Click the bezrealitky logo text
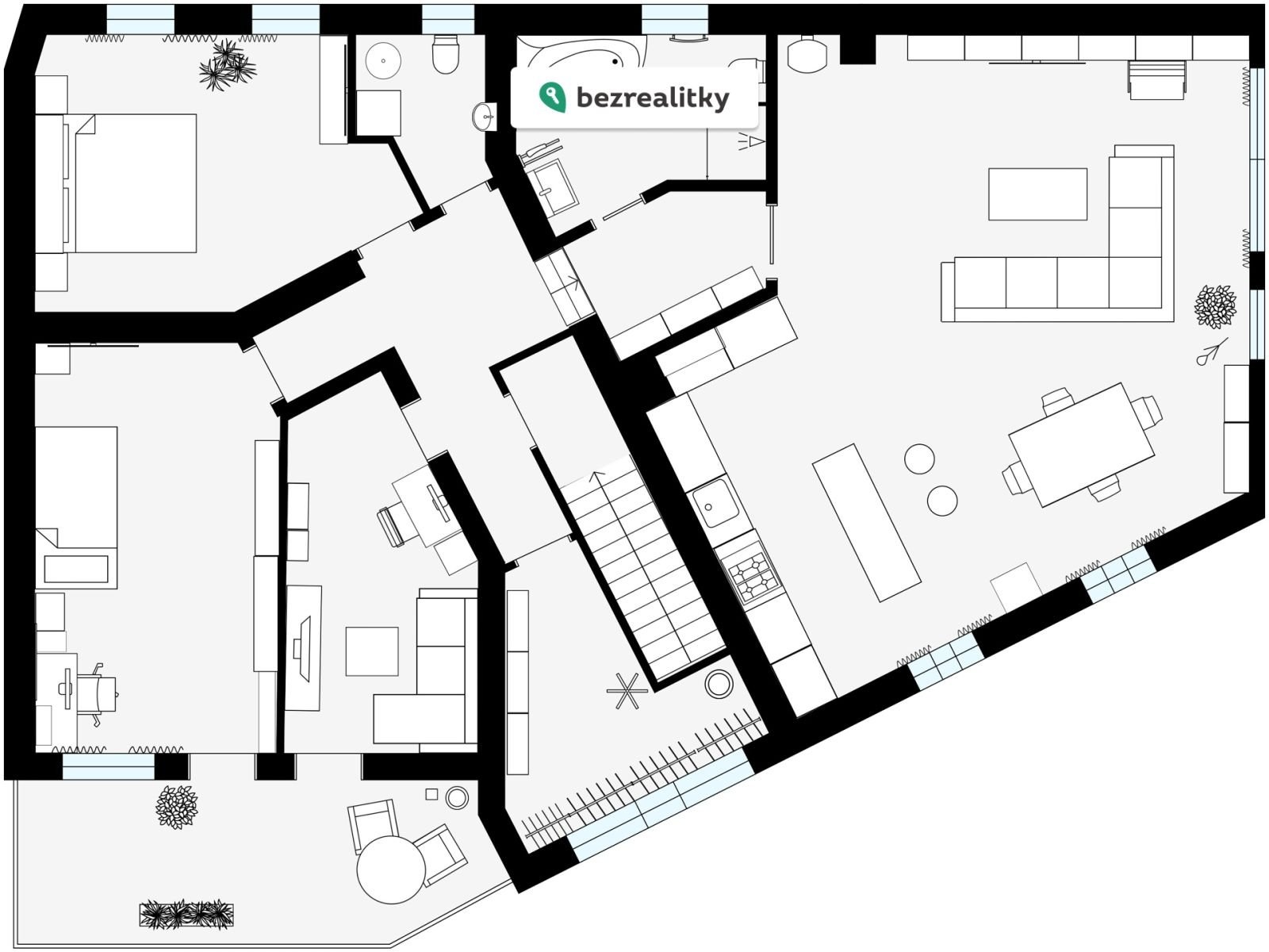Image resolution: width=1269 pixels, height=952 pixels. [653, 98]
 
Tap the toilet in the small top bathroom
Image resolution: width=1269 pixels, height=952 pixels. [445, 54]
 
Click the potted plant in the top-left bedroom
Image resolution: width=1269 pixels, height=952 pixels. [227, 65]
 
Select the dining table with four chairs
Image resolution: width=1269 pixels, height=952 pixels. [1082, 444]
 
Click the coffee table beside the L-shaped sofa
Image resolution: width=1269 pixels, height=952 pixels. [1037, 194]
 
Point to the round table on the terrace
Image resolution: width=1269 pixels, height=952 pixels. [391, 869]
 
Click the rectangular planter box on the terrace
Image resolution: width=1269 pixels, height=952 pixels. [186, 915]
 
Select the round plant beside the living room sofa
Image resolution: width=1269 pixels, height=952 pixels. [1215, 306]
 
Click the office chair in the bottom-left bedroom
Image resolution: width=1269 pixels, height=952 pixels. [97, 694]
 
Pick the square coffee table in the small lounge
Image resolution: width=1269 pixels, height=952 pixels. [372, 651]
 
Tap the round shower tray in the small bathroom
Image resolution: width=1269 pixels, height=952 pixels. [383, 61]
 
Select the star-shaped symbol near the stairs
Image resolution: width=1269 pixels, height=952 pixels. [627, 691]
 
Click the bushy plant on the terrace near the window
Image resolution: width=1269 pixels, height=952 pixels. [177, 807]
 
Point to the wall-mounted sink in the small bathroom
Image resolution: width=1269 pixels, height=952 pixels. [484, 117]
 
